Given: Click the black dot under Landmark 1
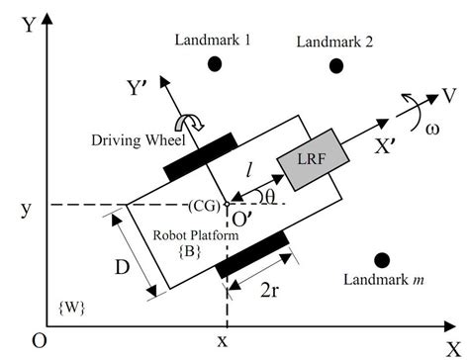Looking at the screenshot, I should (x=214, y=64).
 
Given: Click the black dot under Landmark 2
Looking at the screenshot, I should (x=336, y=65).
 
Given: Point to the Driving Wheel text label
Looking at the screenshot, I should (x=141, y=139).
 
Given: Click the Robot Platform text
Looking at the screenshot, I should (x=193, y=237).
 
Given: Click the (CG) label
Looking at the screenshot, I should (x=205, y=206).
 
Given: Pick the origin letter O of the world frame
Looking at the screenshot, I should (x=38, y=340).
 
